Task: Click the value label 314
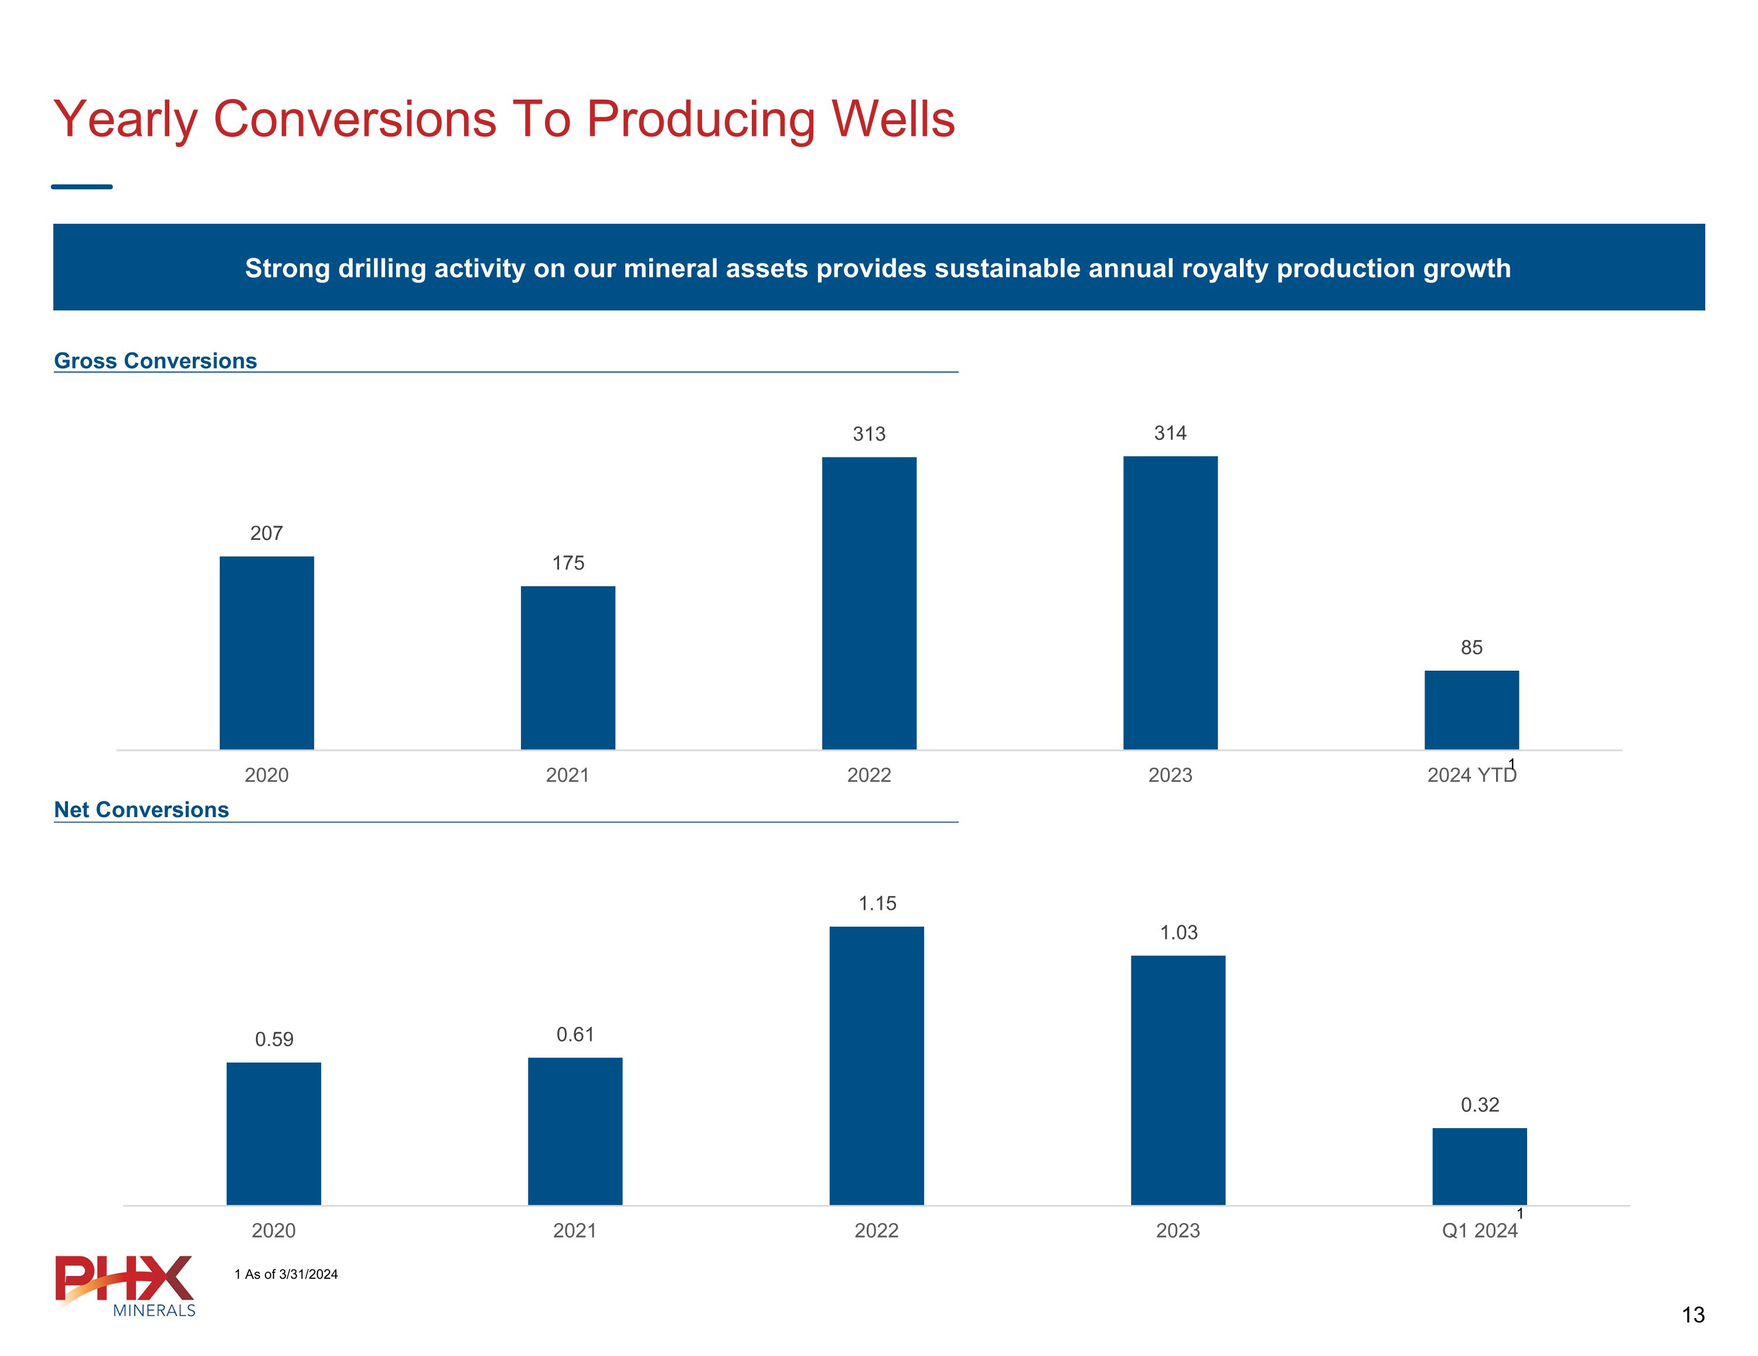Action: [x=1170, y=433]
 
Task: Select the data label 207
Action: [x=267, y=533]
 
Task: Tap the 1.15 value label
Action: [x=877, y=903]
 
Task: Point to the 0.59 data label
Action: [x=274, y=1039]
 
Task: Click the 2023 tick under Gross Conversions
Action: [x=1170, y=775]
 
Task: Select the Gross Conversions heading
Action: [x=155, y=361]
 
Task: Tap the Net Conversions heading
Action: [x=142, y=809]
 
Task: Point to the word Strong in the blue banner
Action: [x=287, y=268]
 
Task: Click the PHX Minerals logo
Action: [x=125, y=1286]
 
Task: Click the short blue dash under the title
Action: [x=82, y=187]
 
